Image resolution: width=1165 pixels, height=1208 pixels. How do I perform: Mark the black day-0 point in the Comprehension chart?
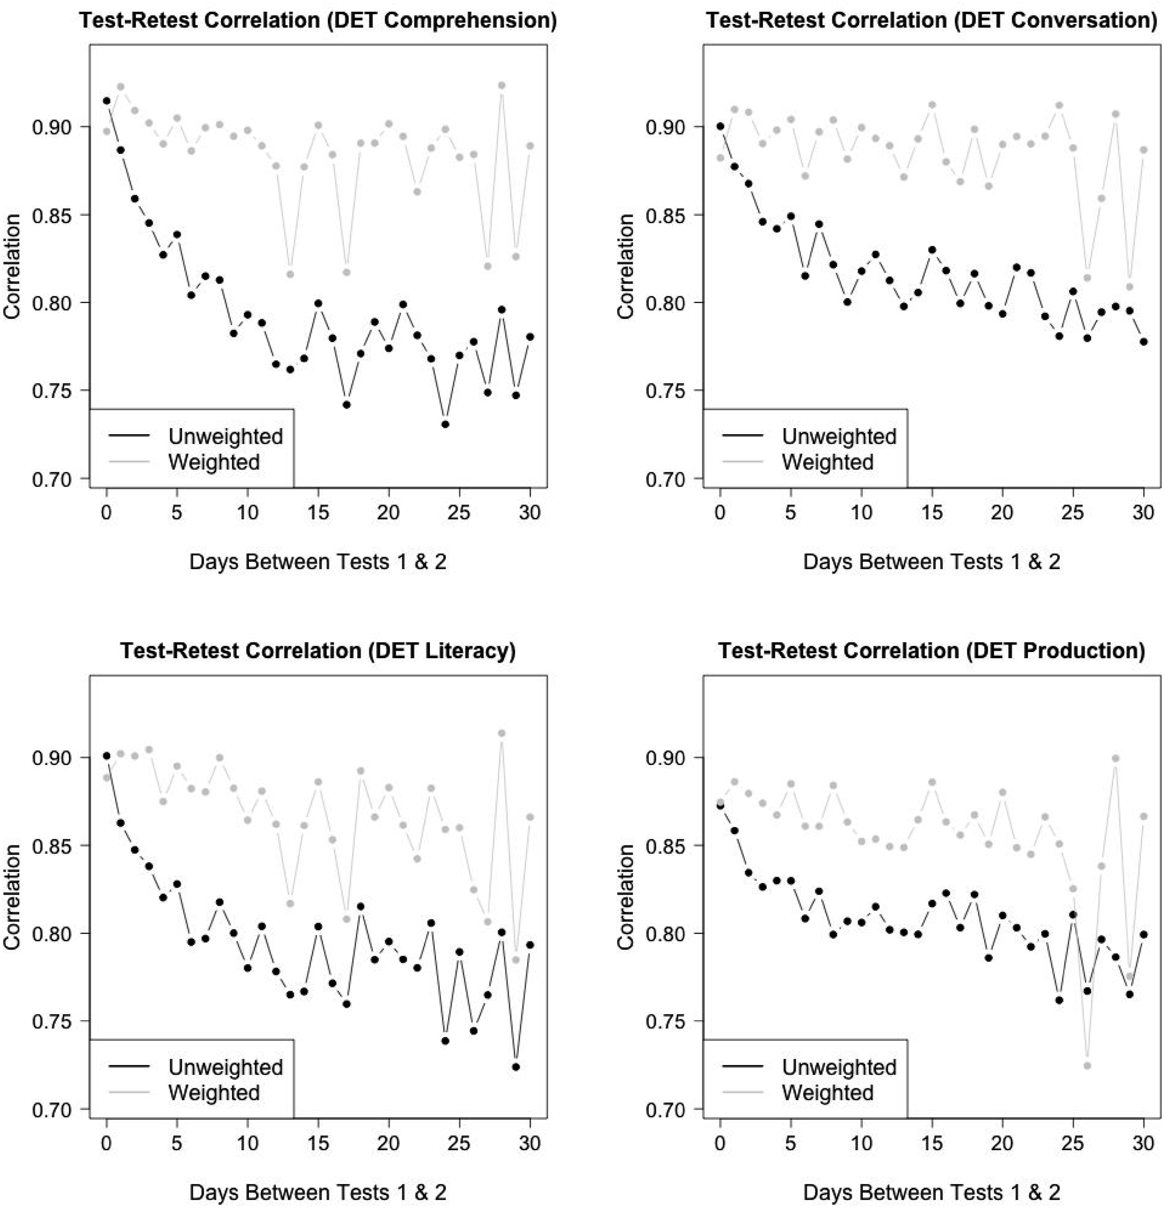pos(107,100)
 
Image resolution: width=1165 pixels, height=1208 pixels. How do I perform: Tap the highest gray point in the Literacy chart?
pos(502,733)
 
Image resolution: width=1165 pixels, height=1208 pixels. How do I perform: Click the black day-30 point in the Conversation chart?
pos(1144,341)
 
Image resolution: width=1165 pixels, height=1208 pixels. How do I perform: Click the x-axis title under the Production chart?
pos(931,1193)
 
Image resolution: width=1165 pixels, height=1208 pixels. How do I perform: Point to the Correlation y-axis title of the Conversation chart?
pos(627,266)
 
